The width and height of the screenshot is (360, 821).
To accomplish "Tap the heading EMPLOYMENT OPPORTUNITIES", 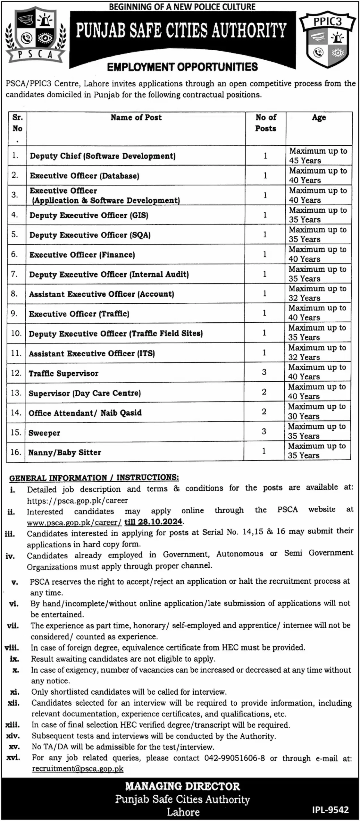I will click(182, 67).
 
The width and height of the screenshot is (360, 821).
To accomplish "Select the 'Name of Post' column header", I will click(136, 118).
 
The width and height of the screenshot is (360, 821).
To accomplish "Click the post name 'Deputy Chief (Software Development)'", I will click(103, 156).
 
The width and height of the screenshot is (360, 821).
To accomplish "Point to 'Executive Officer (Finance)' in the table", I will click(82, 255).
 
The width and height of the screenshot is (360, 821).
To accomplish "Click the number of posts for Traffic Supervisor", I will click(264, 372).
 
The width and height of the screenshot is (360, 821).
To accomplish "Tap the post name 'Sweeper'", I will click(44, 433).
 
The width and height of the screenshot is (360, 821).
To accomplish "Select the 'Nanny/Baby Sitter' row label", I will click(65, 453).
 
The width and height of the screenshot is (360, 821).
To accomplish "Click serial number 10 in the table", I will click(16, 333).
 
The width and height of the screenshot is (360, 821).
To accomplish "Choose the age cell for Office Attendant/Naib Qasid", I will click(316, 411).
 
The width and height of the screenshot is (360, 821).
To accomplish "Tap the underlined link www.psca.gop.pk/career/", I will click(74, 522).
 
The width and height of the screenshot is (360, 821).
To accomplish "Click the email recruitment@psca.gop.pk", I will click(78, 769).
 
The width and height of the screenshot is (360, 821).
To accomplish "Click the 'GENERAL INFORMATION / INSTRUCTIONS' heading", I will click(94, 478).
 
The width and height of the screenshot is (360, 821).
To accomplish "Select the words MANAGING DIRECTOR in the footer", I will click(182, 786).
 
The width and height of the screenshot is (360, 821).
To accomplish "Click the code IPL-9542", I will click(330, 810).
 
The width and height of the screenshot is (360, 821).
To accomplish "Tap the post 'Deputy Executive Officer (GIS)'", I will click(89, 215).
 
